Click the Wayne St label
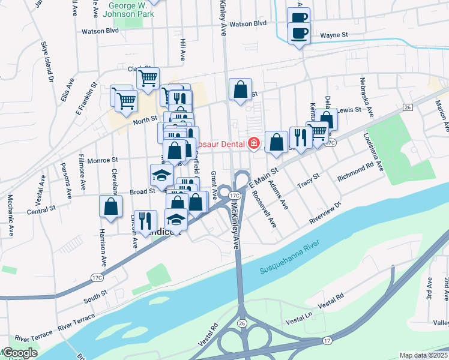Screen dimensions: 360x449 (334, 35)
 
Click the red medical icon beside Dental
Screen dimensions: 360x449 (254, 143)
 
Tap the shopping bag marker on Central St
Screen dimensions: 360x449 (111, 206)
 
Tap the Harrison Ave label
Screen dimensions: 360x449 (103, 247)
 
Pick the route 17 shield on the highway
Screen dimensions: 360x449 (327, 341)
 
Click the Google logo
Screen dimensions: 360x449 (19, 353)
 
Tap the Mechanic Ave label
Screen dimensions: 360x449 (10, 213)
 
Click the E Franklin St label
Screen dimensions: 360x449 (85, 99)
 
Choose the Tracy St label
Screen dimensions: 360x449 (307, 181)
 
